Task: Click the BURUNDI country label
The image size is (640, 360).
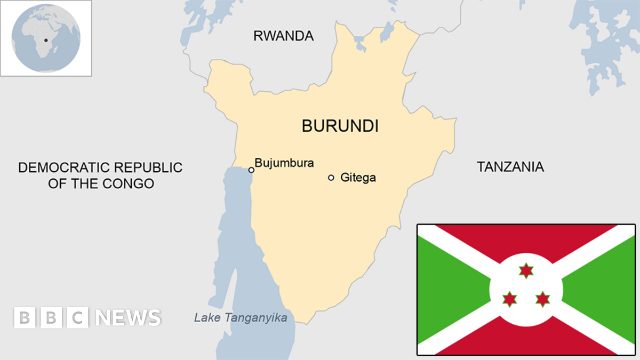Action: [x=340, y=126]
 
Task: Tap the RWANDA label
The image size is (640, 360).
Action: [x=283, y=36]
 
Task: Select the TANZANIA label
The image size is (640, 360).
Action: [x=510, y=167]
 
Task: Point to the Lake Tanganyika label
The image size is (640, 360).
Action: [x=240, y=318]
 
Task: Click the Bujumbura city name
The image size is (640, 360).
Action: [x=284, y=163]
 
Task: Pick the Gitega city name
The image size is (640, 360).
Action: [x=358, y=178]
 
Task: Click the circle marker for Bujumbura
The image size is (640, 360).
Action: [x=251, y=170]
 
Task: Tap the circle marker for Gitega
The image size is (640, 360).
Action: [x=331, y=178]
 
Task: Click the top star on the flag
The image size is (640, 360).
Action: [x=526, y=270]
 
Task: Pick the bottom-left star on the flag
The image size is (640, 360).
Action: [x=510, y=299]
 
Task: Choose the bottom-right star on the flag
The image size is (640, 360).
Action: [x=542, y=299]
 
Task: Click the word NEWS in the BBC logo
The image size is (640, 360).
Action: [x=128, y=318]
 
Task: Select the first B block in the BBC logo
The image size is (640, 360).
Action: [x=24, y=318]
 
